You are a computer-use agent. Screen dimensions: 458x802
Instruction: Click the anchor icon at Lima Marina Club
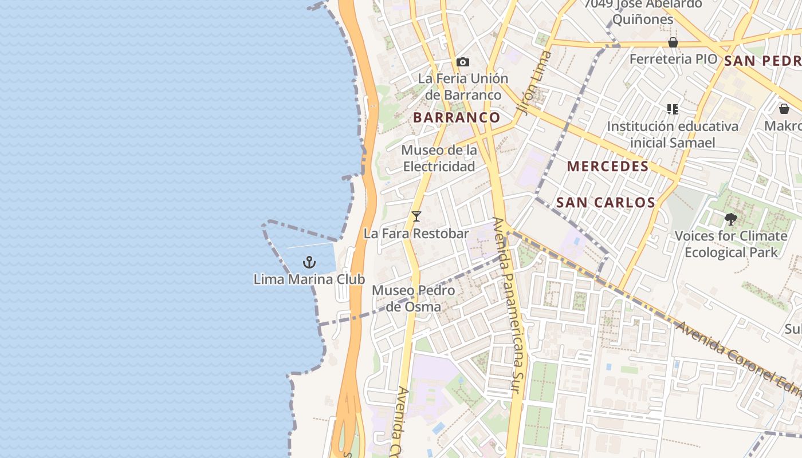[309, 262]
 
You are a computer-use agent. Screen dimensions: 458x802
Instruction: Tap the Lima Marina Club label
[309, 279]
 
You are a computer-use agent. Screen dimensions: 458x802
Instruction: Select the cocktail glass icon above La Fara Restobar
[416, 216]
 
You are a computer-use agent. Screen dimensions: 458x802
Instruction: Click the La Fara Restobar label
[416, 234]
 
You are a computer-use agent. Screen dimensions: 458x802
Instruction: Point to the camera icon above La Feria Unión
[463, 62]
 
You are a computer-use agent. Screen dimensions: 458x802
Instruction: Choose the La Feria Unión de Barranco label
[463, 86]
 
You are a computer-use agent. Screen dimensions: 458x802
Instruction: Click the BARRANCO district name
[457, 117]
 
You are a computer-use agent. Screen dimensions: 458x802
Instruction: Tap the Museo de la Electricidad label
[439, 158]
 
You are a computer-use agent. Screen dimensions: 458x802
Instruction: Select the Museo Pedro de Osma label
[414, 298]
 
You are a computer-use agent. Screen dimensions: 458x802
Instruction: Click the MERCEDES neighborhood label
[608, 167]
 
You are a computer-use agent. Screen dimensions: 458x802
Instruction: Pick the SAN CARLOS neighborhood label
[606, 202]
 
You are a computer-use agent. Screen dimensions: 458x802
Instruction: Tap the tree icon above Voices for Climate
[730, 219]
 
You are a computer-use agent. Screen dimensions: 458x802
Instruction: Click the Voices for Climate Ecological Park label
[731, 244]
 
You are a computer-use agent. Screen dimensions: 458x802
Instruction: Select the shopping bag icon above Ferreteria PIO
[673, 42]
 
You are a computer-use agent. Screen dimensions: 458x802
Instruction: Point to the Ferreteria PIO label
[673, 59]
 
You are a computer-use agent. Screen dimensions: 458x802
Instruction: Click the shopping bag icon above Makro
[784, 109]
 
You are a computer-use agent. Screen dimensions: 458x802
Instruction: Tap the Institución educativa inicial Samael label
[673, 134]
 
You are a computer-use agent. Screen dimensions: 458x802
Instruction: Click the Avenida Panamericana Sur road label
[508, 306]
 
